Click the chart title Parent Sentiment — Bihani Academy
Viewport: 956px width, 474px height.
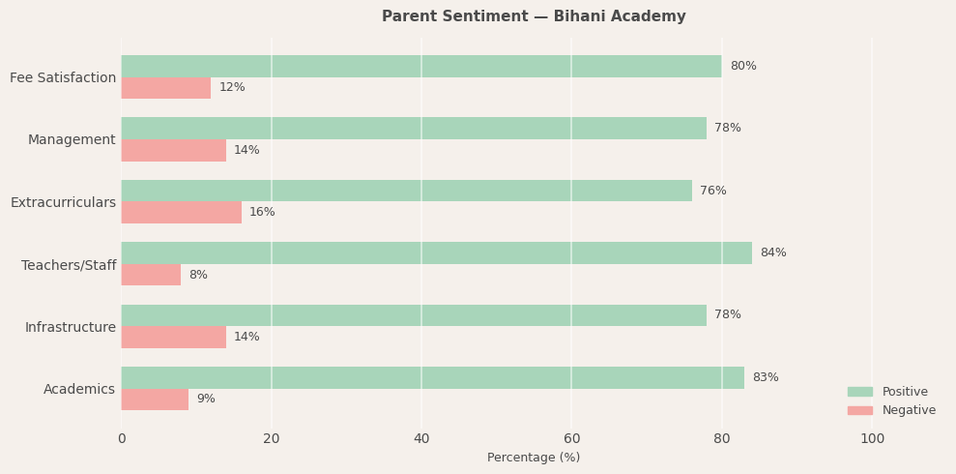(x=534, y=16)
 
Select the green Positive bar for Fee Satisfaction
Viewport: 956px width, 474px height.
(x=420, y=66)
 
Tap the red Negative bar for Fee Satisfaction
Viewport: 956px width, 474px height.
(x=165, y=88)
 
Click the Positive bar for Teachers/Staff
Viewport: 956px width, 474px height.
(x=436, y=252)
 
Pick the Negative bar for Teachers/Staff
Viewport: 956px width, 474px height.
(x=151, y=275)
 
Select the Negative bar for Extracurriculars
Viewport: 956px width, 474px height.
(x=181, y=212)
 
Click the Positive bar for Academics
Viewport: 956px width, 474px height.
(x=432, y=377)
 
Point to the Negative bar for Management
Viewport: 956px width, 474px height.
(x=173, y=150)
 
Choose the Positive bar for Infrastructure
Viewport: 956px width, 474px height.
(x=414, y=315)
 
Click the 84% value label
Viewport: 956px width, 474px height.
(x=773, y=252)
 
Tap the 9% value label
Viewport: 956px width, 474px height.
(x=206, y=400)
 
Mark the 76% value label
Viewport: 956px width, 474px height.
(x=713, y=191)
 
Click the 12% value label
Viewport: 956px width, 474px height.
(x=232, y=88)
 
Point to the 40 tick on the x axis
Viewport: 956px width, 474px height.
(x=421, y=439)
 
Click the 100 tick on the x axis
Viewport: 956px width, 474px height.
(x=872, y=439)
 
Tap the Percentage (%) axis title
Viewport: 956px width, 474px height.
(x=534, y=458)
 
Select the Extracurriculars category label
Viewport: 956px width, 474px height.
(x=63, y=202)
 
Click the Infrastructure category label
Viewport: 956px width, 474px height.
(x=70, y=327)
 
